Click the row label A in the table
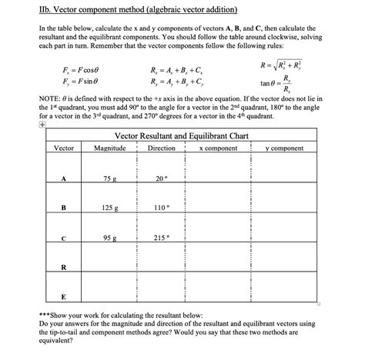coord(64,178)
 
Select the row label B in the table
coord(64,208)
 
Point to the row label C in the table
coord(64,238)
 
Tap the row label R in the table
coord(64,268)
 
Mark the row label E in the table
coord(64,297)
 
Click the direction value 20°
coord(160,178)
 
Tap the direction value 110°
coord(160,208)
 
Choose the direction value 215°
coord(160,238)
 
